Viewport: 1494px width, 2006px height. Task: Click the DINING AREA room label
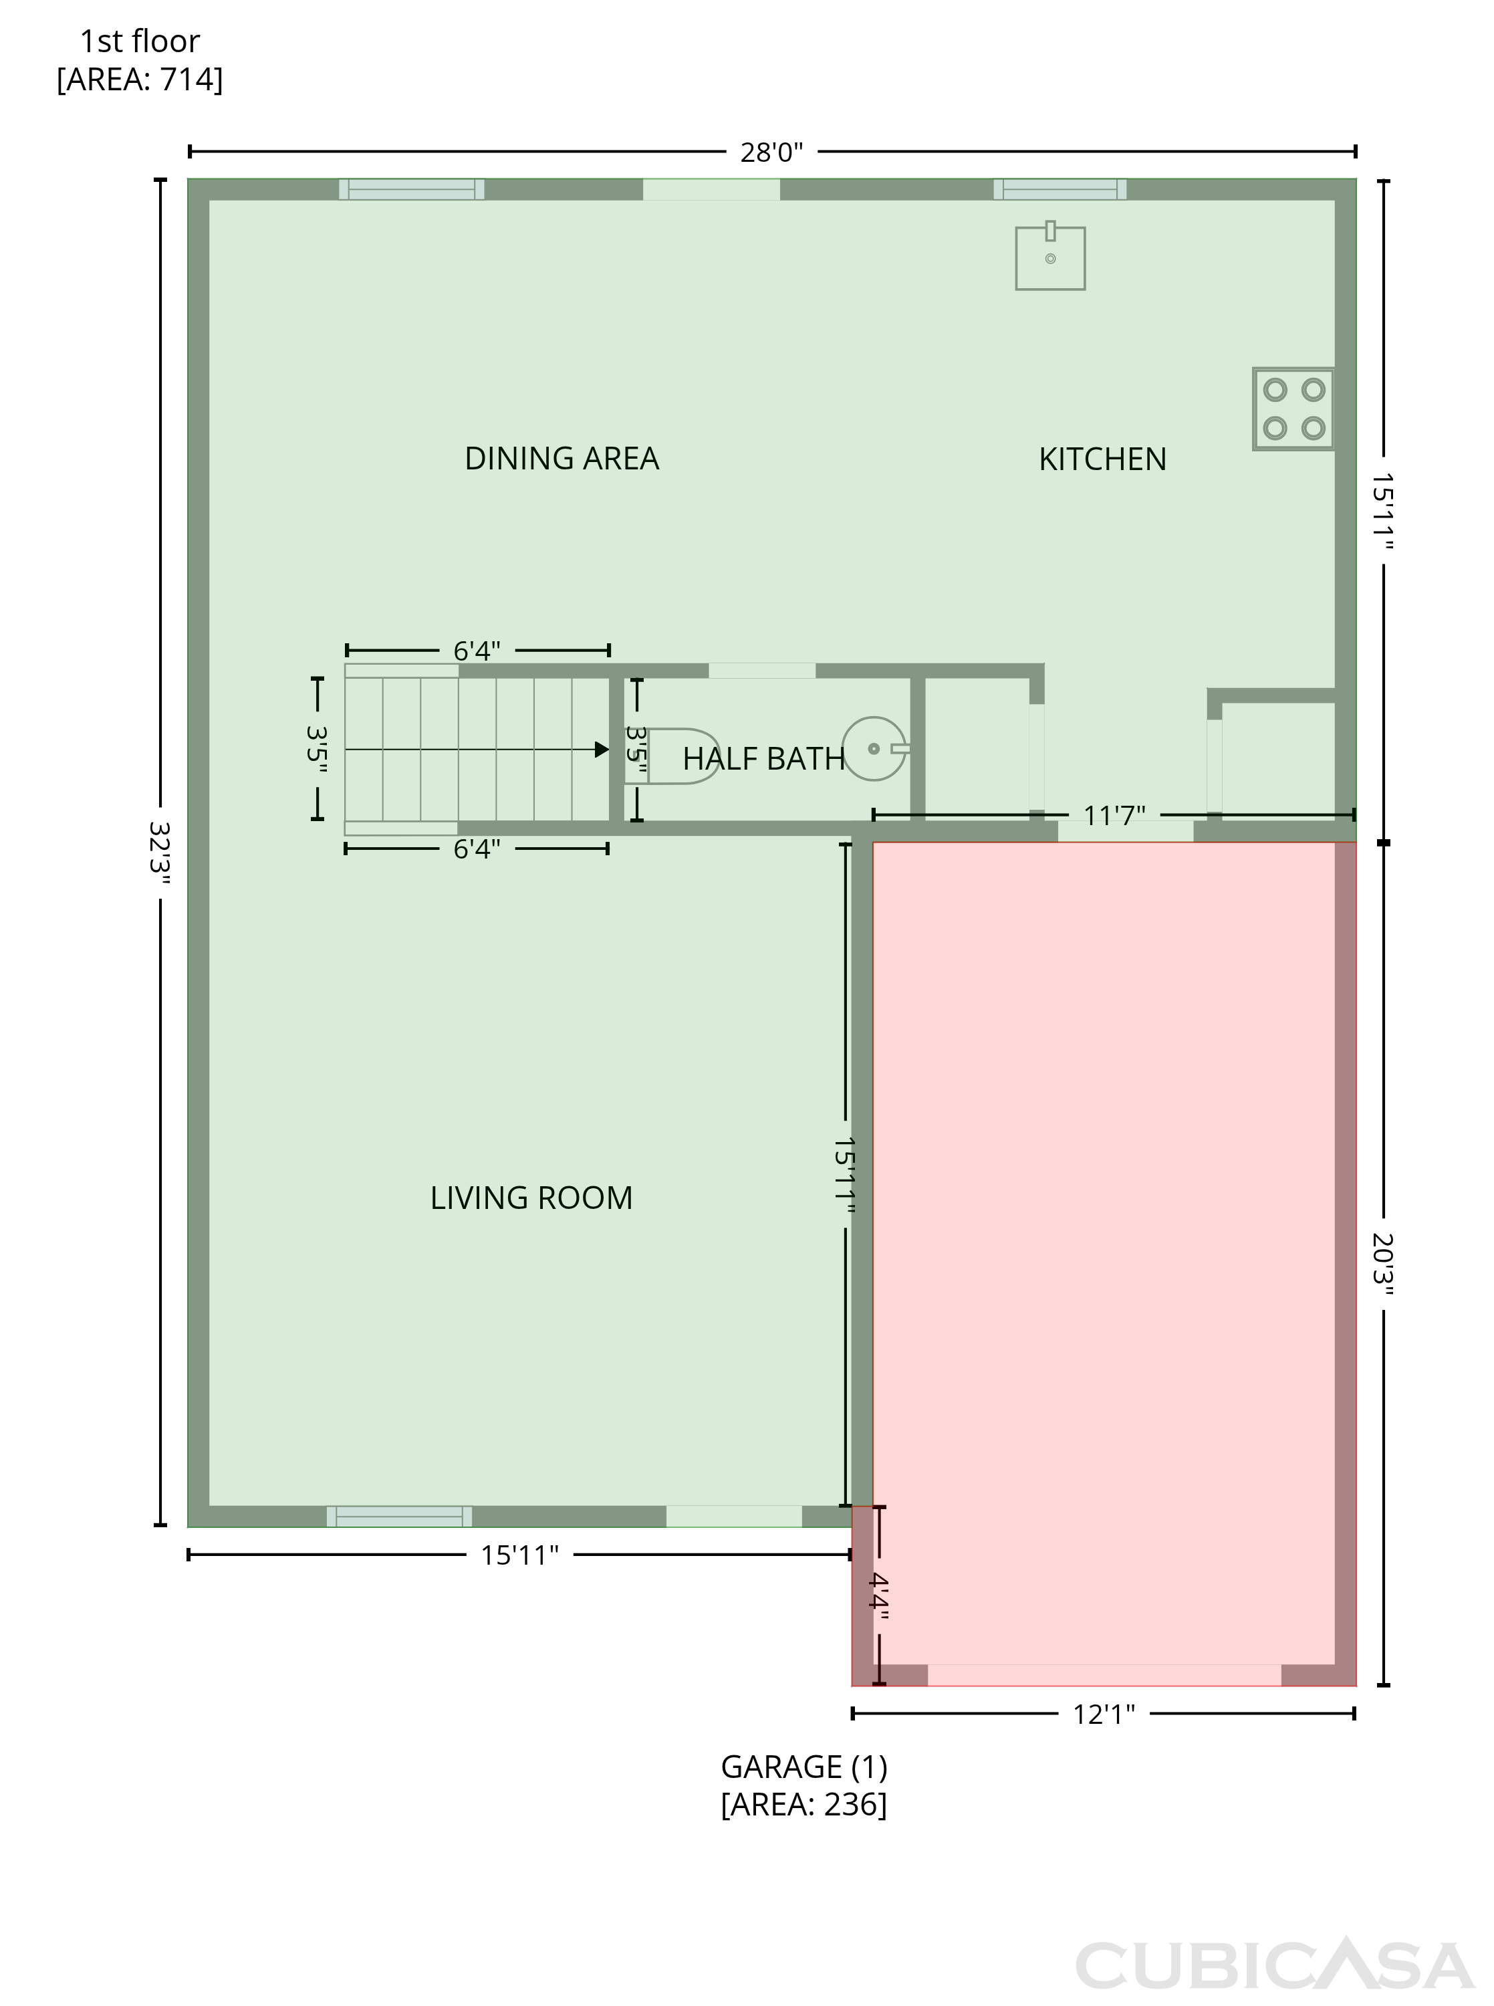pyautogui.click(x=562, y=459)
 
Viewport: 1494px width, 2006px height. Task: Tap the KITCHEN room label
pyautogui.click(x=1102, y=459)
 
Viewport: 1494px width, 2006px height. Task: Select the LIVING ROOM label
pyautogui.click(x=531, y=1198)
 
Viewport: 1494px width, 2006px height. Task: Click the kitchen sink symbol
pyautogui.click(x=1050, y=257)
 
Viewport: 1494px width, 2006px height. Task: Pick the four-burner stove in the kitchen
pyautogui.click(x=1293, y=409)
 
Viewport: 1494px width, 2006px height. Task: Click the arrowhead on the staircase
pyautogui.click(x=602, y=750)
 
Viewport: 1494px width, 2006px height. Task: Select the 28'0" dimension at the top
pyautogui.click(x=771, y=152)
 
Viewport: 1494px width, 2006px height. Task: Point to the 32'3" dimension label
pyautogui.click(x=159, y=852)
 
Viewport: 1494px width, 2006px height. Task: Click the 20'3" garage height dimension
pyautogui.click(x=1383, y=1264)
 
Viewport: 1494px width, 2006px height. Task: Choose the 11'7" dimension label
pyautogui.click(x=1114, y=816)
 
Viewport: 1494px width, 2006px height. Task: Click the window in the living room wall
pyautogui.click(x=399, y=1517)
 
